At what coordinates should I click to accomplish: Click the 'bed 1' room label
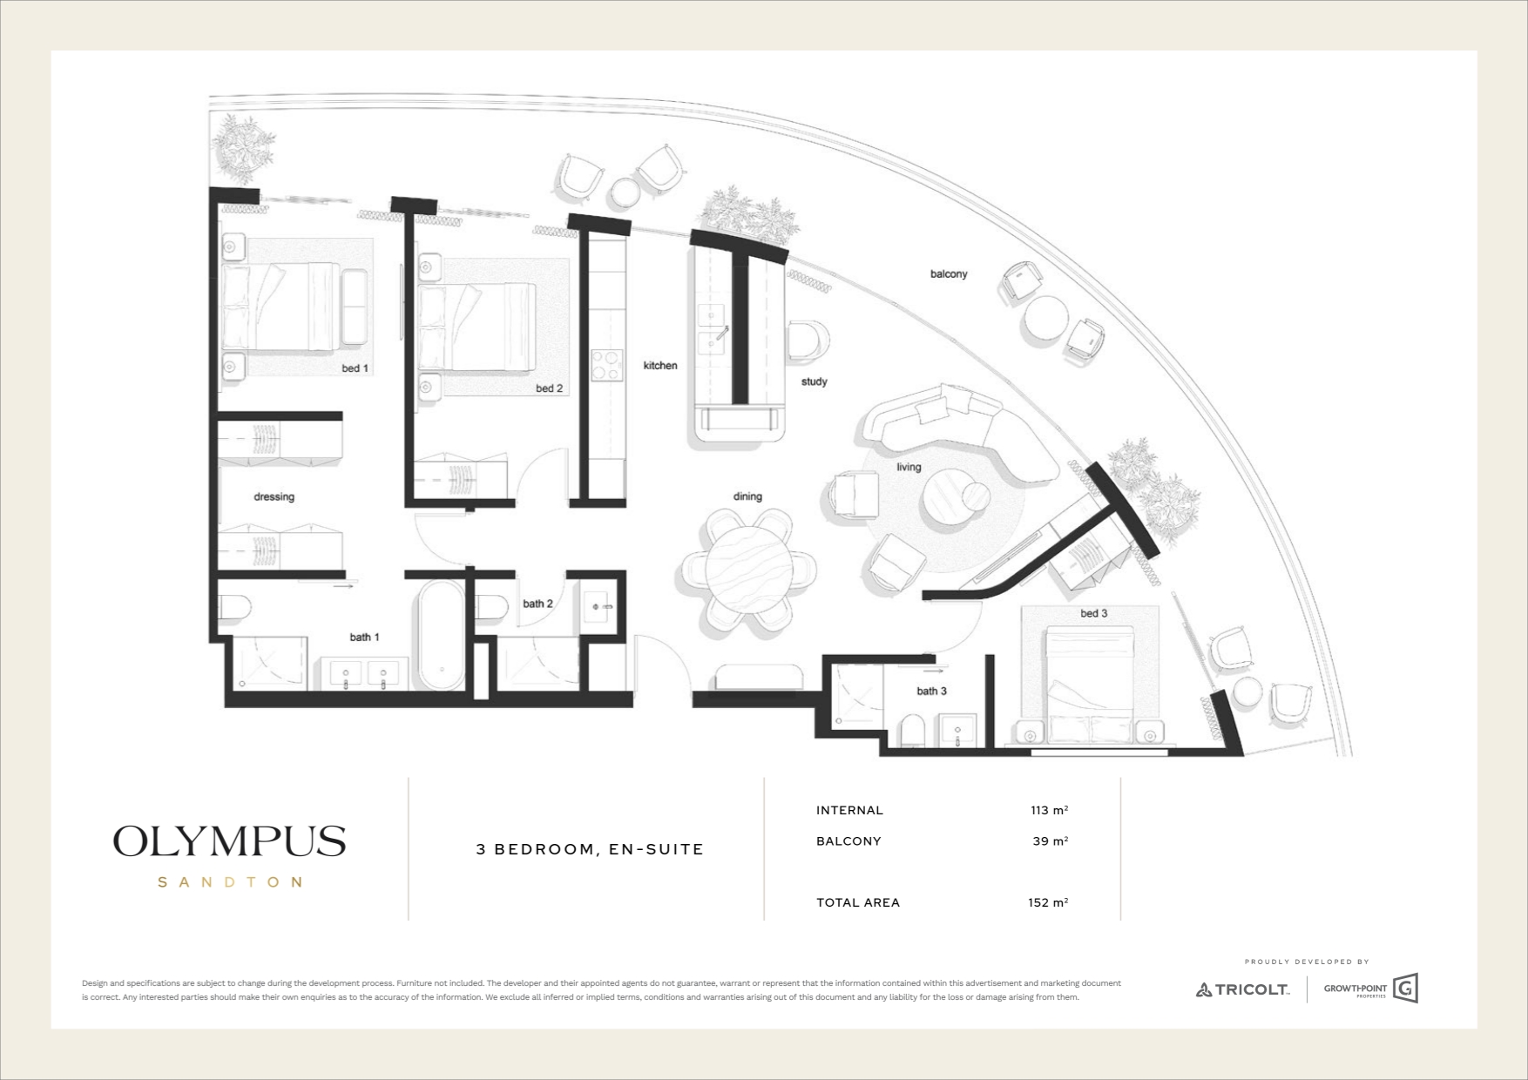tap(355, 368)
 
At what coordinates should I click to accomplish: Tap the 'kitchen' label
tap(660, 366)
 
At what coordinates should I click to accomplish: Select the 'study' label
tap(814, 381)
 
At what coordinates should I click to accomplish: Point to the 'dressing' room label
tap(274, 496)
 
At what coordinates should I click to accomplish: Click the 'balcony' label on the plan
tap(949, 273)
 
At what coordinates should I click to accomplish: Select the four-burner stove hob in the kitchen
tap(605, 364)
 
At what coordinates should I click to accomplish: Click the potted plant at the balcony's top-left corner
tap(245, 148)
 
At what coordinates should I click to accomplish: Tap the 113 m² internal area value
tap(1049, 810)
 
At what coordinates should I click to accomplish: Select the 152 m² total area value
tap(1048, 902)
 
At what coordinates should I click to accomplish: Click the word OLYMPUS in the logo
tap(229, 841)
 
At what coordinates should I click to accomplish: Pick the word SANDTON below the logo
tap(230, 882)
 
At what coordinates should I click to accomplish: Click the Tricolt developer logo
tap(1242, 989)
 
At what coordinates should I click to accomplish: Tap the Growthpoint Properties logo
tap(1371, 989)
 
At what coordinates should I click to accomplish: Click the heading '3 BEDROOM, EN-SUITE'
tap(590, 849)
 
